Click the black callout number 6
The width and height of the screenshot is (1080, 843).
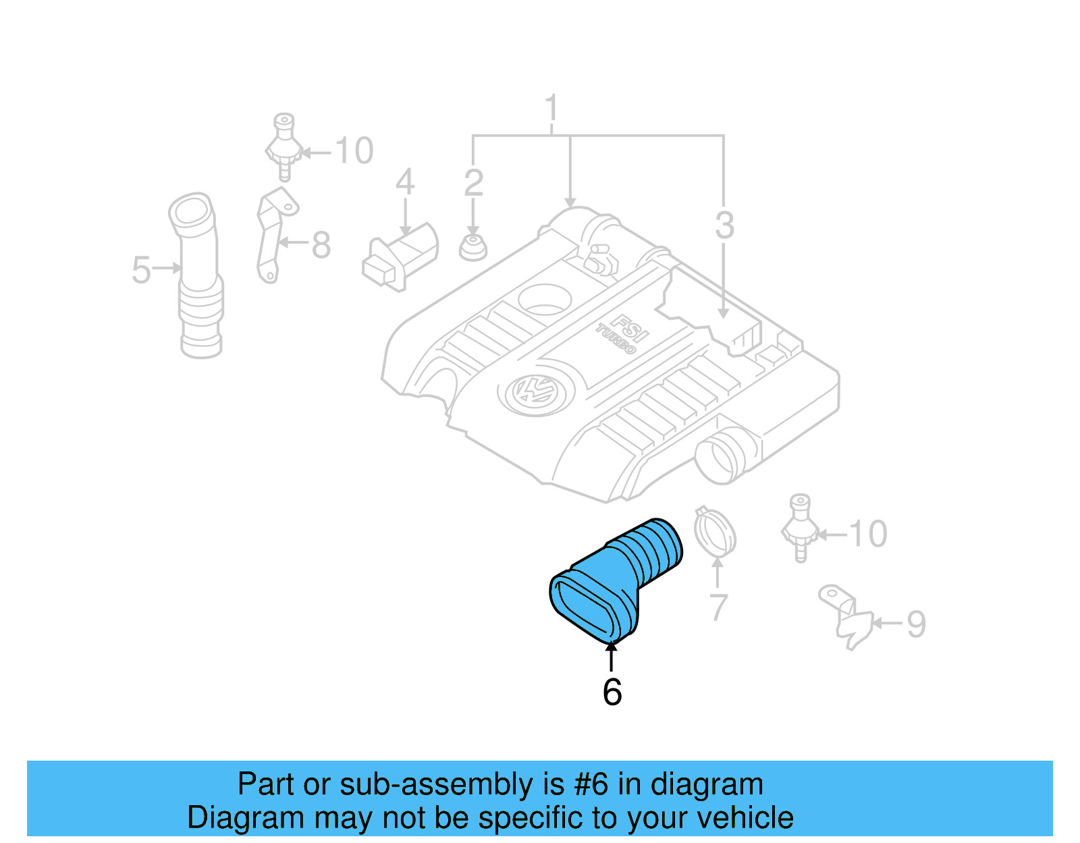[612, 692]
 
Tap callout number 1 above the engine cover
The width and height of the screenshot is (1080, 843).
[551, 109]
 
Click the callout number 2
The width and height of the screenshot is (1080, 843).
[473, 183]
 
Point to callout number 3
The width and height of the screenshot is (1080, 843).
[724, 225]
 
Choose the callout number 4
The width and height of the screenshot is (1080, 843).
[404, 182]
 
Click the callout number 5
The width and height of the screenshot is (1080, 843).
[141, 270]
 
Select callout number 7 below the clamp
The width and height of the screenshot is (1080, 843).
[718, 607]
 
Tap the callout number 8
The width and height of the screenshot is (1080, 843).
[321, 244]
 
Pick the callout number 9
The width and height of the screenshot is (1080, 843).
[915, 624]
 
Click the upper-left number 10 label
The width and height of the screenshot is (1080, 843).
[354, 151]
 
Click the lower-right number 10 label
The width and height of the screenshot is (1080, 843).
[867, 534]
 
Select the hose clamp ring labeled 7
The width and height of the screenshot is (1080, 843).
[715, 533]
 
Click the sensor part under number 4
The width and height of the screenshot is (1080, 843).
[400, 256]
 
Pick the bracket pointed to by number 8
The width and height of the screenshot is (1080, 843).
[272, 233]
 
